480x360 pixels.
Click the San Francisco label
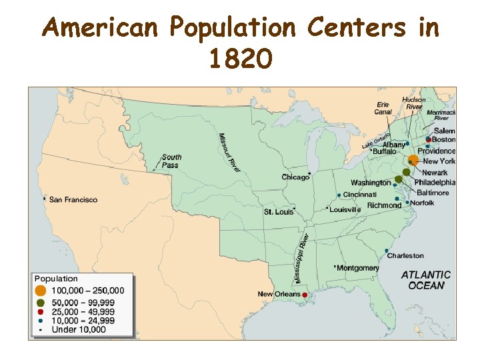click(x=73, y=199)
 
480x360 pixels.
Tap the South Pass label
click(x=171, y=161)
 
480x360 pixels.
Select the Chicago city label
click(x=295, y=177)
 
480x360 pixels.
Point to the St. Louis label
click(x=279, y=211)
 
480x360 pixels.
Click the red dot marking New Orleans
click(x=305, y=295)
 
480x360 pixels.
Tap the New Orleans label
click(x=279, y=294)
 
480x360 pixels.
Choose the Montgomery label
click(x=357, y=268)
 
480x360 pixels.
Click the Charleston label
click(x=405, y=255)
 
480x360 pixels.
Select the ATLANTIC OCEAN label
click(x=426, y=279)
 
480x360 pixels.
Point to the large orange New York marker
click(x=413, y=160)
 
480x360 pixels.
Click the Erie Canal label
click(x=383, y=108)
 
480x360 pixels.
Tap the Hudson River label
click(x=414, y=103)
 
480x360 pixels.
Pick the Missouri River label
click(x=229, y=153)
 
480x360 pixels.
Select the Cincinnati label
click(x=361, y=194)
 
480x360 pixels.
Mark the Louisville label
click(x=346, y=209)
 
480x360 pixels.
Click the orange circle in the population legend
click(x=41, y=291)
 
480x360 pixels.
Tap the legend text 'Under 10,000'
click(x=79, y=329)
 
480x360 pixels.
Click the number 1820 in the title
click(x=240, y=60)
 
